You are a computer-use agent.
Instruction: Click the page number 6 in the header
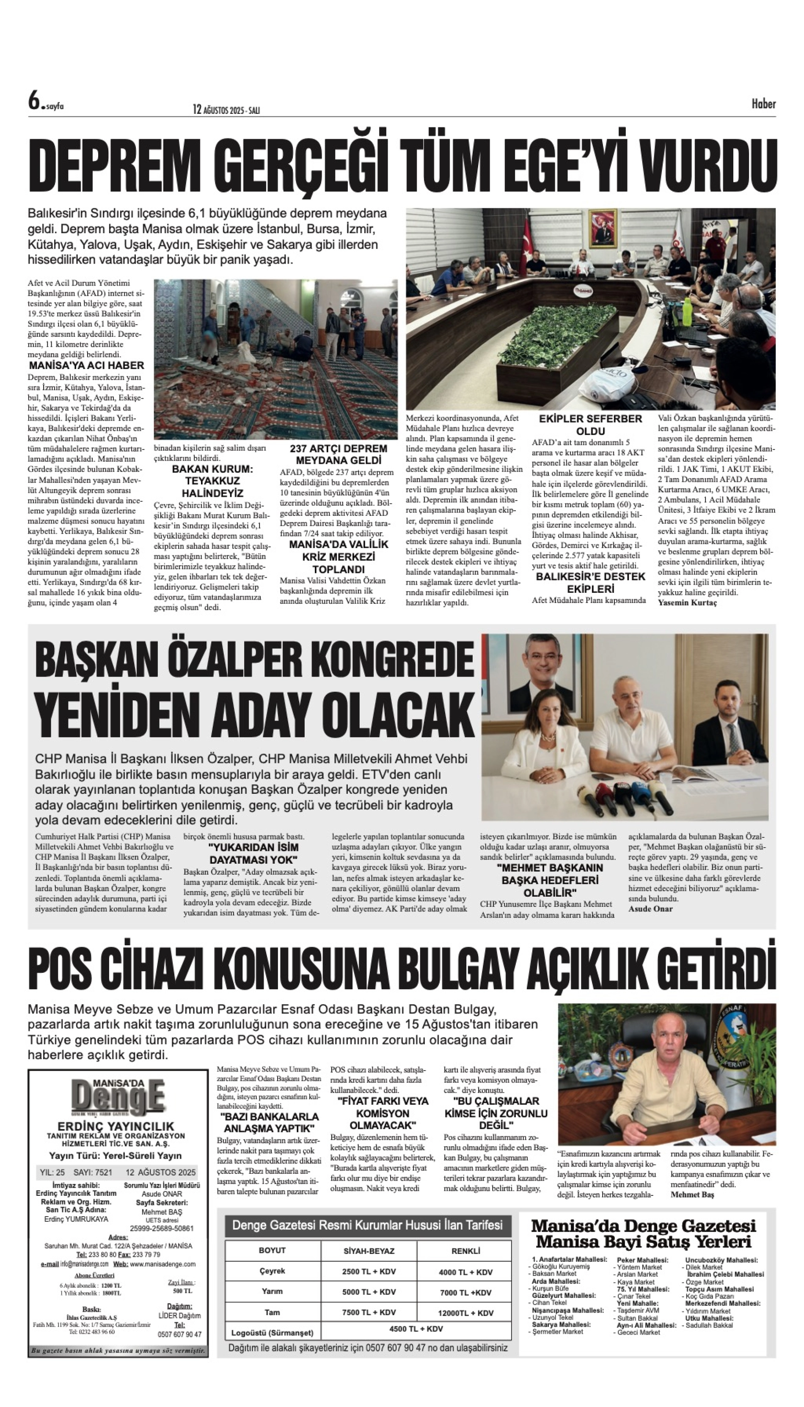(x=34, y=101)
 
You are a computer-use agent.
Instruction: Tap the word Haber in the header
(x=763, y=104)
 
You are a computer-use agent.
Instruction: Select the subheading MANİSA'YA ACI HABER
(x=86, y=366)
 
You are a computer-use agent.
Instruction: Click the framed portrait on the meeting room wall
(x=603, y=229)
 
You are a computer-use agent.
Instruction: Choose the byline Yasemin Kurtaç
(x=687, y=603)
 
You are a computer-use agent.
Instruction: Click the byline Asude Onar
(x=650, y=909)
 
